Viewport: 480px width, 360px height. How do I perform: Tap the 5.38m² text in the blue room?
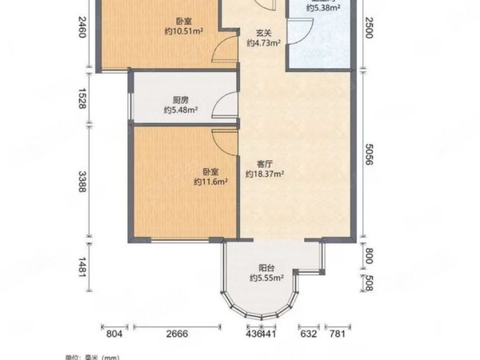323,9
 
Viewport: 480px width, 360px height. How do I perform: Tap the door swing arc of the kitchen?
226,107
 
